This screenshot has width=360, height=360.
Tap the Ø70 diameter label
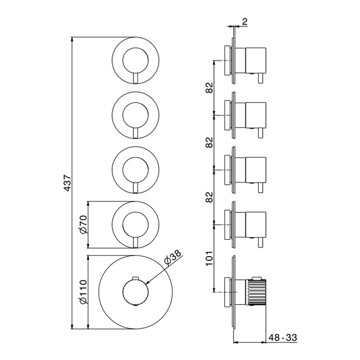point(83,225)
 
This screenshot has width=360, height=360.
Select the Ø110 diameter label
point(83,292)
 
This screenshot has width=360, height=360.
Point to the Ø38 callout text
point(173,258)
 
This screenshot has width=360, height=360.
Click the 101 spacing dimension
point(209,258)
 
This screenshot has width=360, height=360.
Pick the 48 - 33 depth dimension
point(283,337)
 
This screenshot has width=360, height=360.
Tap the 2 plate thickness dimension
point(244,22)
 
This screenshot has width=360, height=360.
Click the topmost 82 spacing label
point(209,87)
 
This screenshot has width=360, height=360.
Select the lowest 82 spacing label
point(209,197)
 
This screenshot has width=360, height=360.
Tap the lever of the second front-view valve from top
point(136,133)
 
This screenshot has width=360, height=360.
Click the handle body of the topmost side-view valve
point(256,61)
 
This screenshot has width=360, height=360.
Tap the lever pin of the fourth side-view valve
point(260,242)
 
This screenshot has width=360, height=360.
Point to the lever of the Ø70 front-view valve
point(136,242)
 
